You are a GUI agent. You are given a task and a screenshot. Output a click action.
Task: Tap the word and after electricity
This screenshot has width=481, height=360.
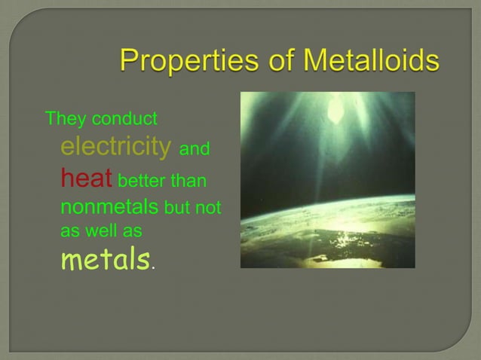[195, 149]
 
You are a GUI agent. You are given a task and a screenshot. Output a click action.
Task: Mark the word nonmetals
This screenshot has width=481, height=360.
[109, 206]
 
